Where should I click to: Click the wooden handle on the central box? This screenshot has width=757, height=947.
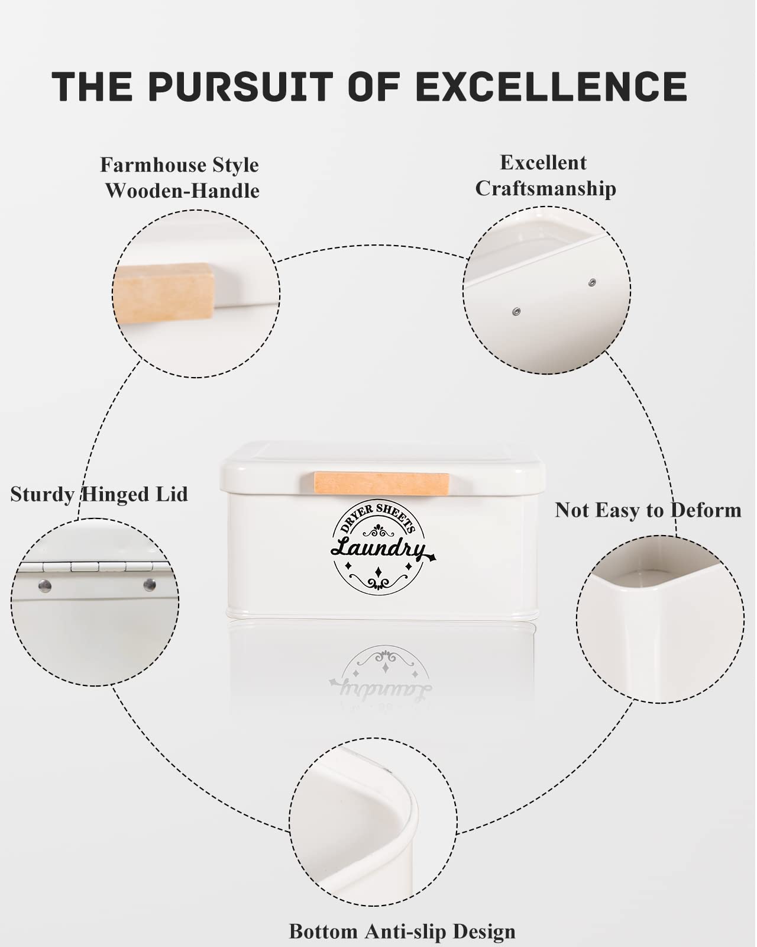[x=381, y=484]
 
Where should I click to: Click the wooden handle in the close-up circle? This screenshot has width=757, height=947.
[x=164, y=294]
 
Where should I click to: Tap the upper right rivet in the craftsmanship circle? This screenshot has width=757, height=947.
[x=592, y=282]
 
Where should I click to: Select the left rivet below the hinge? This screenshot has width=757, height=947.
[x=45, y=585]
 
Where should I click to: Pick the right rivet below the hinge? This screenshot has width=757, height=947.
[x=150, y=585]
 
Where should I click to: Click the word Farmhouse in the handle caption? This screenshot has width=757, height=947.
[x=154, y=166]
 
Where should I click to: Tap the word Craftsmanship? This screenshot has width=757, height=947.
[x=545, y=189]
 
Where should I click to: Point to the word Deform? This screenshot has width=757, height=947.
[x=706, y=510]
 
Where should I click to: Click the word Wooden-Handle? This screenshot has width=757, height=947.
[x=182, y=191]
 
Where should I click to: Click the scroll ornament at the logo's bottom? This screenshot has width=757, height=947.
[x=378, y=582]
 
